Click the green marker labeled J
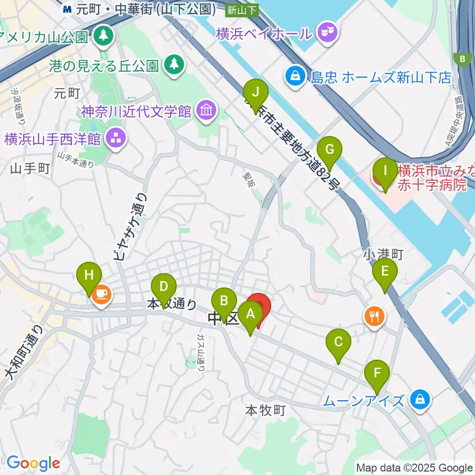256,93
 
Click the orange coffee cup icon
102,295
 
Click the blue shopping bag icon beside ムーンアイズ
420,399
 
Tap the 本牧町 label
265,410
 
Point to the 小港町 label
383,254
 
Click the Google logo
33,464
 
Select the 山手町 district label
30,169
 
